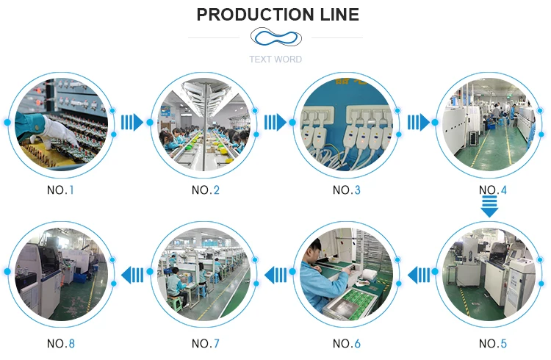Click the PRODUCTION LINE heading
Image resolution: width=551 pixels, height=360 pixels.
tap(278, 15)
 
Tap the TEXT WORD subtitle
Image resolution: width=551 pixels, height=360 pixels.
tap(275, 60)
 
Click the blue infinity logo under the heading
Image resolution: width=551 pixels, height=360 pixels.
tap(275, 37)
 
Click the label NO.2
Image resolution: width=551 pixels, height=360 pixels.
tap(206, 190)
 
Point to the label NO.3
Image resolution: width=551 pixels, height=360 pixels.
tap(347, 190)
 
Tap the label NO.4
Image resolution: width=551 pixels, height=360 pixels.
tap(493, 190)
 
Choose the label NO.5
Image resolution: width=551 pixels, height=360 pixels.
tap(493, 343)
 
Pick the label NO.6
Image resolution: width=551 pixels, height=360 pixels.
tap(347, 343)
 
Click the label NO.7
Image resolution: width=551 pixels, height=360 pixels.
tap(206, 343)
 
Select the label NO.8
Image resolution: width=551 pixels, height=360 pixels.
tap(61, 343)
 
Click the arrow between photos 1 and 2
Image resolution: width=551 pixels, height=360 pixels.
tap(132, 122)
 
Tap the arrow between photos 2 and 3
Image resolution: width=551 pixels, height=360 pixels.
tap(275, 122)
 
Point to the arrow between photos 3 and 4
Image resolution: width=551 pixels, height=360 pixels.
tap(418, 122)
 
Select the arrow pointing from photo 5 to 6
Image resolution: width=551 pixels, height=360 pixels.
tap(419, 275)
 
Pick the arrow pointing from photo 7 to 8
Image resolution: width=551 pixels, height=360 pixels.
tap(132, 275)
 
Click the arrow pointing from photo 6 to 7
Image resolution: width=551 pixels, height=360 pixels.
tap(275, 275)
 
